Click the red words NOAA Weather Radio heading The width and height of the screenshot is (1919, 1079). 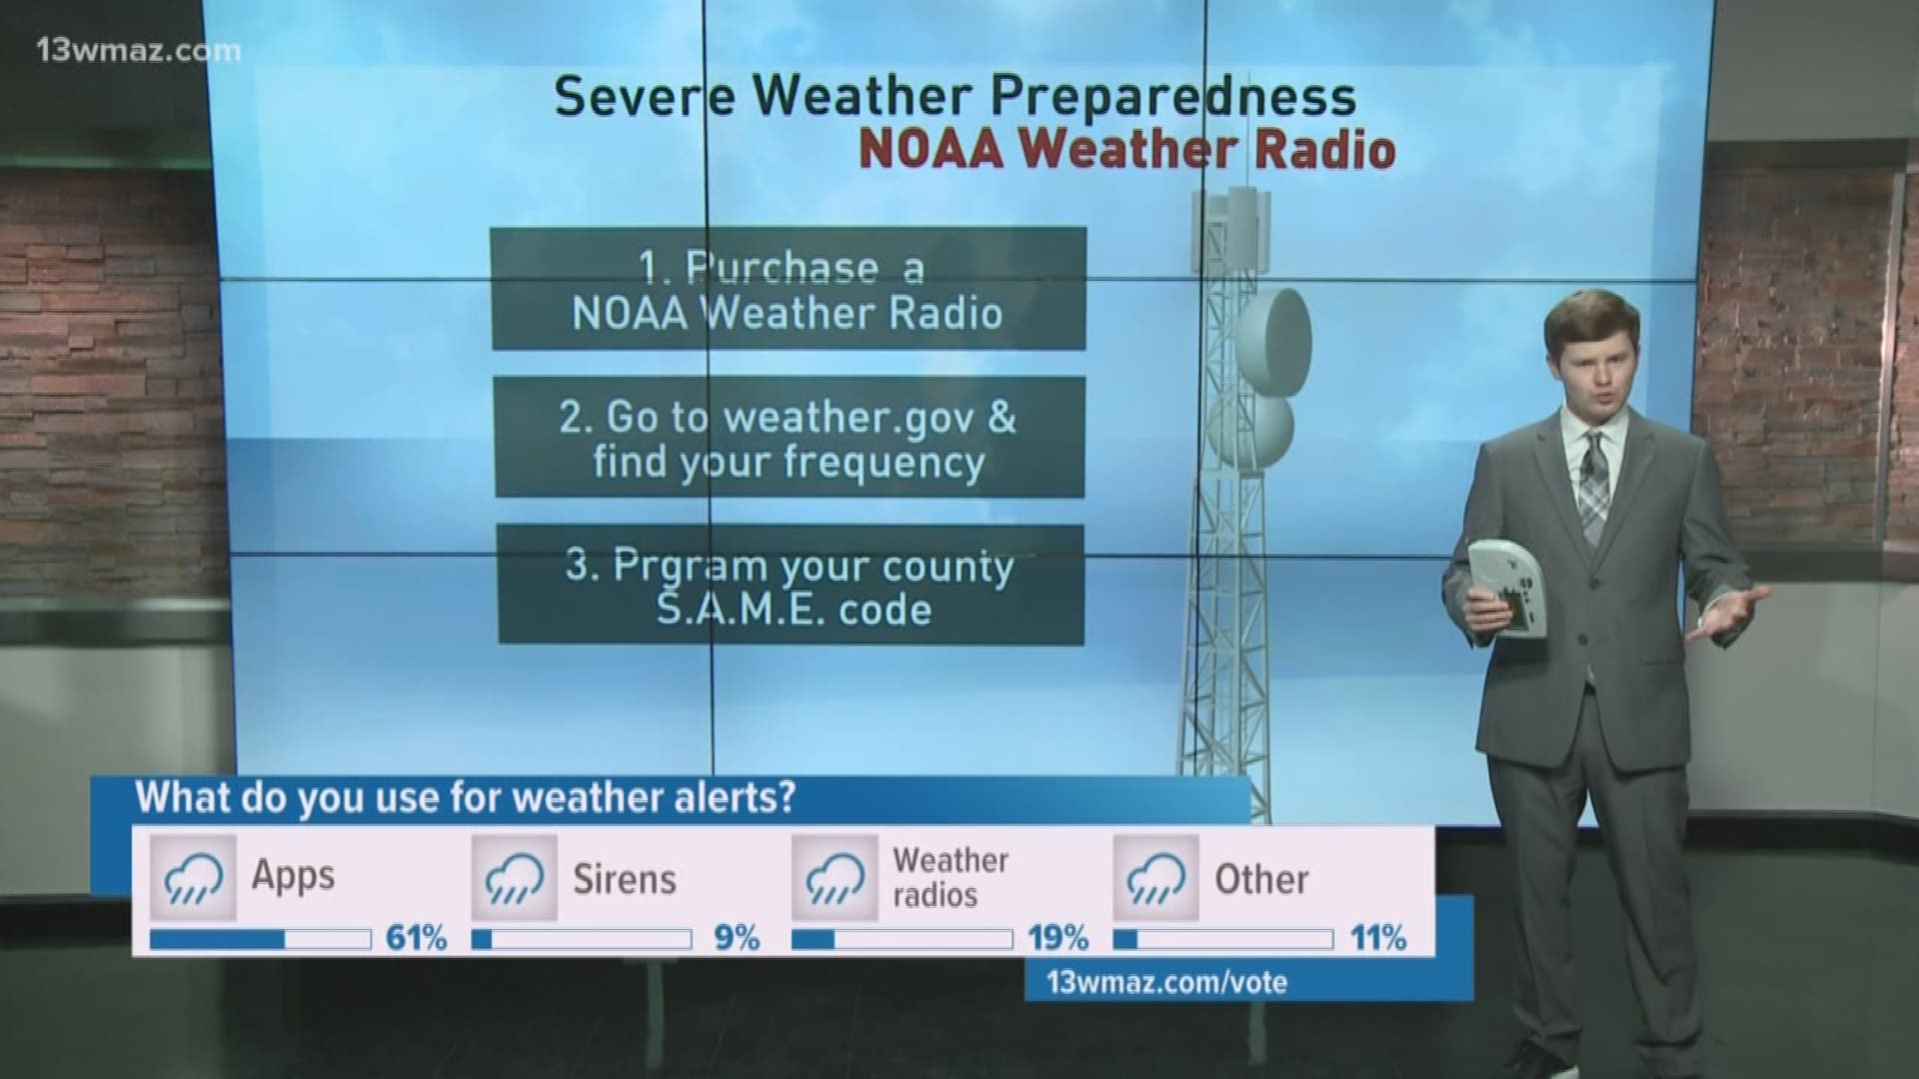pyautogui.click(x=1126, y=150)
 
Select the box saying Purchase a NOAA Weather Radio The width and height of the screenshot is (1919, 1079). pyautogui.click(x=788, y=289)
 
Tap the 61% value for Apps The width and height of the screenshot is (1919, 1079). pyautogui.click(x=416, y=938)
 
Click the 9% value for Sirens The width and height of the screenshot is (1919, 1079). pyautogui.click(x=737, y=938)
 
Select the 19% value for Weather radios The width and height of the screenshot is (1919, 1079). pyautogui.click(x=1057, y=938)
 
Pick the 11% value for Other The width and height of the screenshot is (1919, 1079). pyautogui.click(x=1378, y=938)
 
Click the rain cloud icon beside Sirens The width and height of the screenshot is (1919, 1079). pyautogui.click(x=514, y=878)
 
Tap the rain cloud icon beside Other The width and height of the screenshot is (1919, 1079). pyautogui.click(x=1155, y=878)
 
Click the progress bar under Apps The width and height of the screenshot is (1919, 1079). pyautogui.click(x=260, y=939)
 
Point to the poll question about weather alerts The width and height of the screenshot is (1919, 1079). pyautogui.click(x=465, y=798)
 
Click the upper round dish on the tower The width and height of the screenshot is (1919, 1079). pyautogui.click(x=1274, y=332)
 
